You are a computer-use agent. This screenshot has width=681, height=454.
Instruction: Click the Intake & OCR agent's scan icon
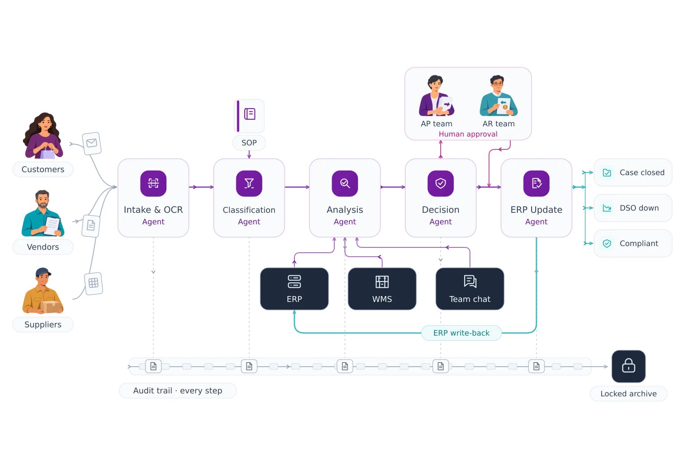[153, 184]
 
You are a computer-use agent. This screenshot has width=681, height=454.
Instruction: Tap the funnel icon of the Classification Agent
[249, 184]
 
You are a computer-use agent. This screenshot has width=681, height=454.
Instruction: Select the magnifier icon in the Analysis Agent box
[345, 184]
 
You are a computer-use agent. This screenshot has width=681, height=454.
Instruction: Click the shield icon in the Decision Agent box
[441, 184]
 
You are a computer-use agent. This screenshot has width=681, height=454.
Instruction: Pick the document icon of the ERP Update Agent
[536, 184]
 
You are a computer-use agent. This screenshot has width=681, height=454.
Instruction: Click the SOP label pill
[249, 143]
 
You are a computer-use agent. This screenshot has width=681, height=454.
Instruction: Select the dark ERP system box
[294, 289]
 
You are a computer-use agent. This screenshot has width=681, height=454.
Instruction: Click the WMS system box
[382, 289]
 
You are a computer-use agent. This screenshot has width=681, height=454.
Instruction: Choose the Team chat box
[470, 289]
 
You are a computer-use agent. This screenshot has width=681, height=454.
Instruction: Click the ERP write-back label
[461, 333]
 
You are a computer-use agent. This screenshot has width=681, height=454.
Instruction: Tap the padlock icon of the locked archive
[628, 366]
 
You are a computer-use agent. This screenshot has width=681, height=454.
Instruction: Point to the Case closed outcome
[633, 172]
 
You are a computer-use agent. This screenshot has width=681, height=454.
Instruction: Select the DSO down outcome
[633, 208]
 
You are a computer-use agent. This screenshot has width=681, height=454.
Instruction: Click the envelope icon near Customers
[92, 143]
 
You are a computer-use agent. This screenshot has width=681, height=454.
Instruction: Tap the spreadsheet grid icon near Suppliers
[94, 283]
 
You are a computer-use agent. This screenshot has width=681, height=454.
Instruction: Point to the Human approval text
[468, 134]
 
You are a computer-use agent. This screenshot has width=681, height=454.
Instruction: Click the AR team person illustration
[498, 95]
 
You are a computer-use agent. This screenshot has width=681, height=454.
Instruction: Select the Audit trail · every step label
[178, 391]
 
